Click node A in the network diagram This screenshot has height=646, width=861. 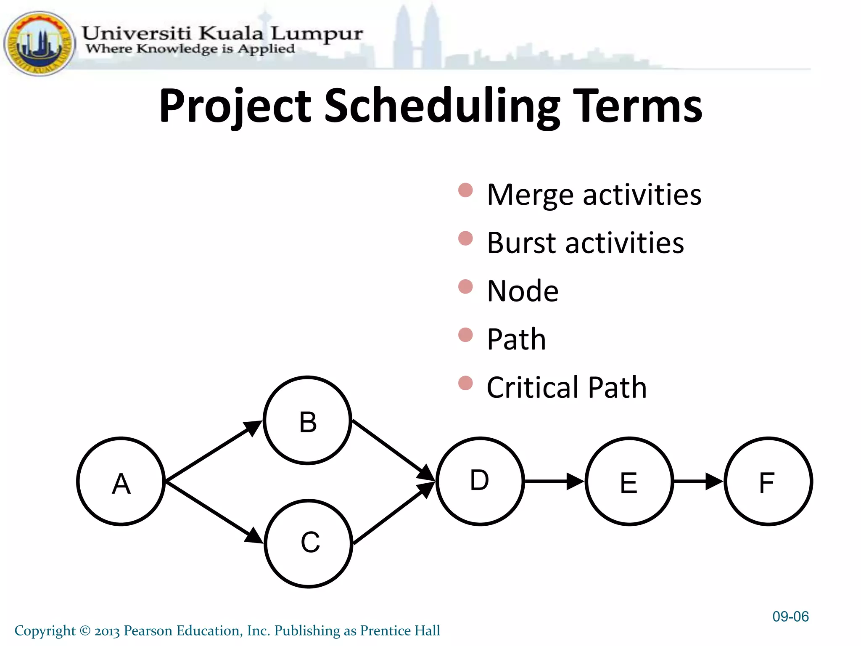coord(121,482)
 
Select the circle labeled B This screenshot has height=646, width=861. coord(308,421)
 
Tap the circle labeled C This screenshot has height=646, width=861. coord(309,543)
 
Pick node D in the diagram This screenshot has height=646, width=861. coord(480,481)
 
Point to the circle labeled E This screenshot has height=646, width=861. coord(629,482)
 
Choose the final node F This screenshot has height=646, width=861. coord(768,482)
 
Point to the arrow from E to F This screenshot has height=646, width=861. coord(698,482)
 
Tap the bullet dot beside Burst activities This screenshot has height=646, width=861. coord(465,238)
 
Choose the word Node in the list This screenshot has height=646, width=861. coord(523,291)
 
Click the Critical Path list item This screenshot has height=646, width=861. coord(566,387)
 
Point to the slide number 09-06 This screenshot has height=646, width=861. coord(790,617)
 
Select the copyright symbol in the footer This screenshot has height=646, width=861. coord(85,631)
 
